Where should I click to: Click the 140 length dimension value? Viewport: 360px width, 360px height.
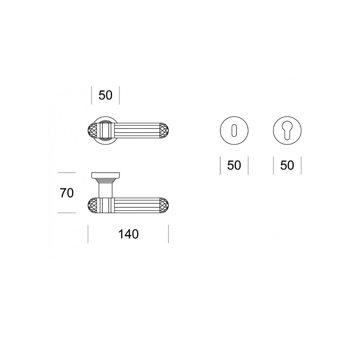[129, 234]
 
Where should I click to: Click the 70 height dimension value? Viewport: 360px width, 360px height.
[67, 193]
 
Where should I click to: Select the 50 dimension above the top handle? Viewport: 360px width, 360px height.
[105, 95]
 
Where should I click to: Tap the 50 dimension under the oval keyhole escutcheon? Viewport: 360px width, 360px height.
[234, 165]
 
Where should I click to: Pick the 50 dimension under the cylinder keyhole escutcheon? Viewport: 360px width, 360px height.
[287, 165]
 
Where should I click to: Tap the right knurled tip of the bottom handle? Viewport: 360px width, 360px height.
[165, 205]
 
